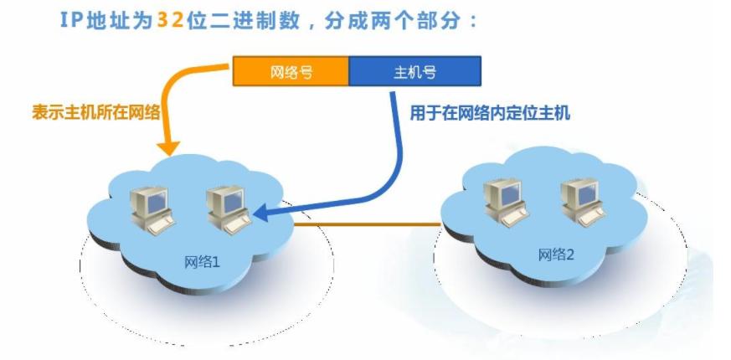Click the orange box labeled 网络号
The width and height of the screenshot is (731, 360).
[291, 72]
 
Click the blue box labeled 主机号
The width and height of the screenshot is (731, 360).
[414, 72]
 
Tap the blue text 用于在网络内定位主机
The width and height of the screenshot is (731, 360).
[489, 113]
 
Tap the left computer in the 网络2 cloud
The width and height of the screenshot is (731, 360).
[505, 200]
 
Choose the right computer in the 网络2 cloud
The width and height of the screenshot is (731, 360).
[583, 200]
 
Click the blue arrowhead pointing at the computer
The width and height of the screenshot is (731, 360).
[262, 215]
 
